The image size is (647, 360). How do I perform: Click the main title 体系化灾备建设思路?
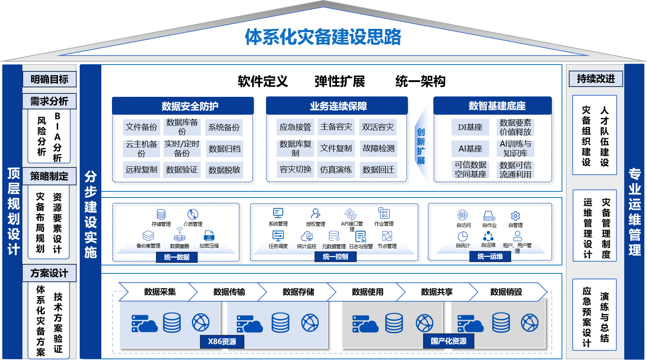click(323, 37)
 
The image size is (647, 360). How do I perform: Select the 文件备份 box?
click(141, 127)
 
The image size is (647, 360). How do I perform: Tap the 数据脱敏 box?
click(224, 170)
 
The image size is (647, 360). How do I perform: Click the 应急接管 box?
click(295, 127)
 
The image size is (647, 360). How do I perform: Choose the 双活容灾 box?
click(378, 127)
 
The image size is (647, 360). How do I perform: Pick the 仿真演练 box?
click(336, 170)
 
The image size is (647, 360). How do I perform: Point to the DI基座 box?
click(470, 127)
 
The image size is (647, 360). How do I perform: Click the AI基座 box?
click(470, 148)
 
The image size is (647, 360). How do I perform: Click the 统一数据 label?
click(177, 257)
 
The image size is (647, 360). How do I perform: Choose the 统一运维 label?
click(490, 257)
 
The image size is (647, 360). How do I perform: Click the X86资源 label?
click(222, 341)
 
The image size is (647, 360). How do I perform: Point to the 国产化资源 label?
click(449, 341)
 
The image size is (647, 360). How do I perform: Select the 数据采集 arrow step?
click(160, 292)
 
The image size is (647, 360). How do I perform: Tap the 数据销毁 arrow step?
click(506, 292)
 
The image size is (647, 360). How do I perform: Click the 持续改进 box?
click(596, 79)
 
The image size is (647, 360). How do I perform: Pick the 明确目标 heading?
click(49, 79)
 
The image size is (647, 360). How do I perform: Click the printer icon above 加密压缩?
click(209, 235)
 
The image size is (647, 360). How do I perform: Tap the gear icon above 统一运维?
click(515, 216)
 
